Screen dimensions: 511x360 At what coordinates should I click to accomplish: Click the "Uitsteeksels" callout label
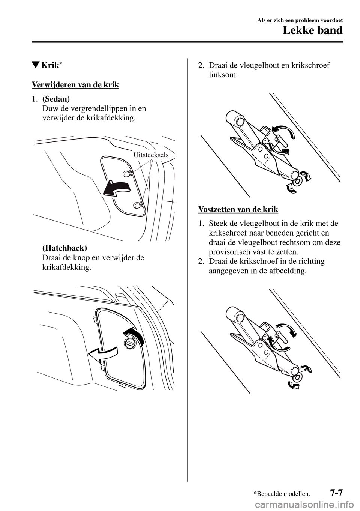point(151,155)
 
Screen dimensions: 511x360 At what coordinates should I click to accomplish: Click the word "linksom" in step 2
point(223,75)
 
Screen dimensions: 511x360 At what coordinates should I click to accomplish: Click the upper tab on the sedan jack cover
point(126,173)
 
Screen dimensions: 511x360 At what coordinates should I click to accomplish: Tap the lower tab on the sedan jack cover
point(136,205)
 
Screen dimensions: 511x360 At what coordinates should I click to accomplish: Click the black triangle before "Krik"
point(36,66)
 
